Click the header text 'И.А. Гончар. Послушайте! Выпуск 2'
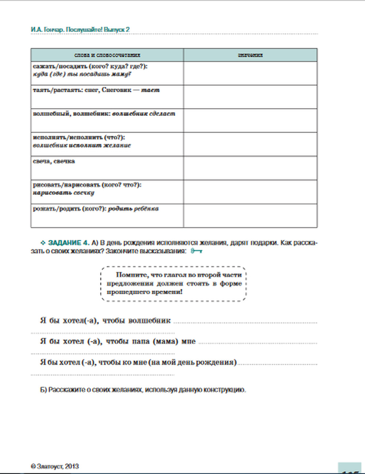(80, 30)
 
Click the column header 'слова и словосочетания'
(107, 55)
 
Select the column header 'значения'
(250, 55)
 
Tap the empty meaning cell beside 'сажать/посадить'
(250, 73)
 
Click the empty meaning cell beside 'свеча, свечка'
(250, 168)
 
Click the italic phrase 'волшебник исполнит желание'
(82, 145)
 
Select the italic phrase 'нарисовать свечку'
(64, 193)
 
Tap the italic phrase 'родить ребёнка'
(134, 209)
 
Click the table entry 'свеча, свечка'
(54, 161)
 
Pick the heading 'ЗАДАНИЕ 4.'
(69, 243)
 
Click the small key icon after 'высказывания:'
(196, 251)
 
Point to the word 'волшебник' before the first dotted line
(150, 321)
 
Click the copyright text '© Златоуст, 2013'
(55, 466)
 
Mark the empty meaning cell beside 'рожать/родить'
(250, 216)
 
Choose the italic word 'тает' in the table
(150, 90)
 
